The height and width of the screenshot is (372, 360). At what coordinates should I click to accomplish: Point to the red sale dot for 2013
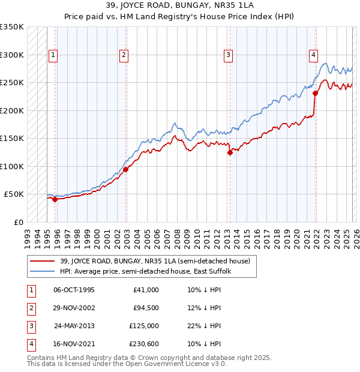[x=230, y=152]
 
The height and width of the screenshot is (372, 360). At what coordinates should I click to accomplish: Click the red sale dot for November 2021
[x=315, y=93]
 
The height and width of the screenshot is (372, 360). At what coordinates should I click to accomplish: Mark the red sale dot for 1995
[x=55, y=200]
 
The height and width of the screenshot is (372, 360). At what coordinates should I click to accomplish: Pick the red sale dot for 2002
[x=126, y=170]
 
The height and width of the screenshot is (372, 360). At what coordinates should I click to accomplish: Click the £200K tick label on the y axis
[x=12, y=110]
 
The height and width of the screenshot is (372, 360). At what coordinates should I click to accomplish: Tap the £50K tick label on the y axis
[x=14, y=194]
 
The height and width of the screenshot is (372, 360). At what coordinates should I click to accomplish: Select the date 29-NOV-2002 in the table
[x=74, y=308]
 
